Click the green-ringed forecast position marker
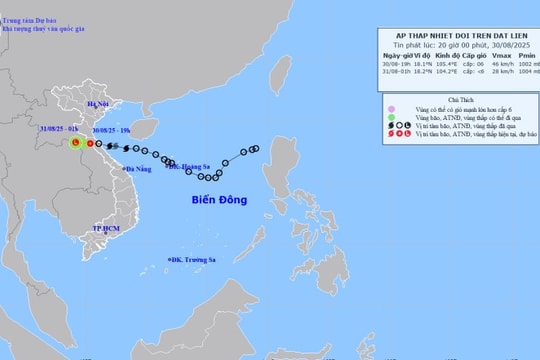click(x=75, y=144)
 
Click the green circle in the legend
click(x=392, y=117)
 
